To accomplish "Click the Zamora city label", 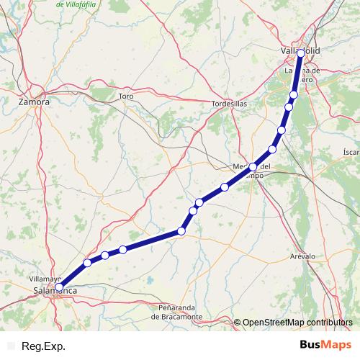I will tap(34, 102).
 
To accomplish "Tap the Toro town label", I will tap(127, 96).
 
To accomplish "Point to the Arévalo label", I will tap(302, 256).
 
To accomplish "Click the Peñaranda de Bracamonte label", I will tap(177, 312).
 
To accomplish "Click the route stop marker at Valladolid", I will tap(300, 53).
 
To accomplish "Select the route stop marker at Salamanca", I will tap(59, 287).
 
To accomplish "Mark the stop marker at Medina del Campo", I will tap(253, 167).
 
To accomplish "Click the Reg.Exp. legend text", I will tap(43, 346).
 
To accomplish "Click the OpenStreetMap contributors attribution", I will tap(297, 323).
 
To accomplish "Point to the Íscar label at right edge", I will tap(351, 152).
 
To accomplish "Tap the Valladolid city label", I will tap(301, 50).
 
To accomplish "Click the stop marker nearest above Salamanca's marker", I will tap(87, 263).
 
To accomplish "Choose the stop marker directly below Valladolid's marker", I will tap(294, 95).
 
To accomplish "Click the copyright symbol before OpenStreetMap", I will tap(238, 323).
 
